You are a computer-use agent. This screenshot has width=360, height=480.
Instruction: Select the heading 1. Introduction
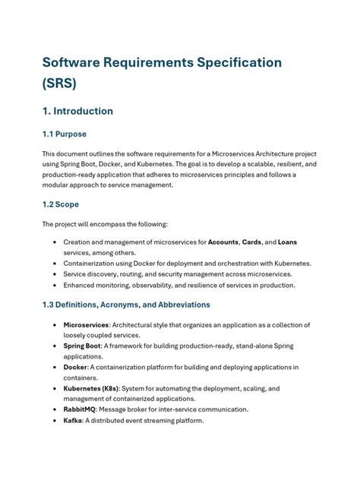(77, 111)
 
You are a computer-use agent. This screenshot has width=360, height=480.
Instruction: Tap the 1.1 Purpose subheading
(64, 134)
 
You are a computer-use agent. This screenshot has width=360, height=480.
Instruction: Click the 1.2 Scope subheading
(60, 204)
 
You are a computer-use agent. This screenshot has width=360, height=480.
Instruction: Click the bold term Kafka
(74, 421)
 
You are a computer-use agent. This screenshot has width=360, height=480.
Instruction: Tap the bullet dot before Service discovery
(55, 274)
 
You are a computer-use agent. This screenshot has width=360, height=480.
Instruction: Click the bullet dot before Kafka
(55, 421)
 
